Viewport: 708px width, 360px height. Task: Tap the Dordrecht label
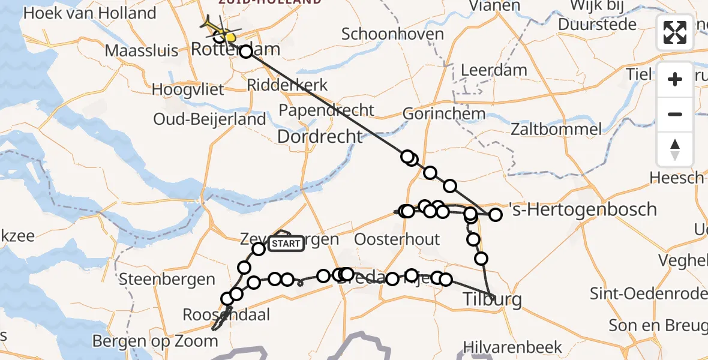tap(320, 137)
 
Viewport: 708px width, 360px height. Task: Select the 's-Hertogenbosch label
tap(582, 210)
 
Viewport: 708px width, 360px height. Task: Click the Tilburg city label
tap(492, 299)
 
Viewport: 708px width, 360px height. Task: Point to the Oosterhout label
tap(397, 239)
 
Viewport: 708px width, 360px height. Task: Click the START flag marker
tap(286, 244)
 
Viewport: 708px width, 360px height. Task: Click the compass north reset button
tap(675, 149)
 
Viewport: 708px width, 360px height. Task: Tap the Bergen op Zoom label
tap(155, 341)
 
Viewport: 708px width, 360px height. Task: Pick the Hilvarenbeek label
tap(513, 347)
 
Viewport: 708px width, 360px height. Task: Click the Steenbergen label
tap(167, 279)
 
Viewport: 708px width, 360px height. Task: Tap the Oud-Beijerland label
tap(209, 119)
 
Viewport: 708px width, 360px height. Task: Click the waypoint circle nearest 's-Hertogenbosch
tap(496, 214)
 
